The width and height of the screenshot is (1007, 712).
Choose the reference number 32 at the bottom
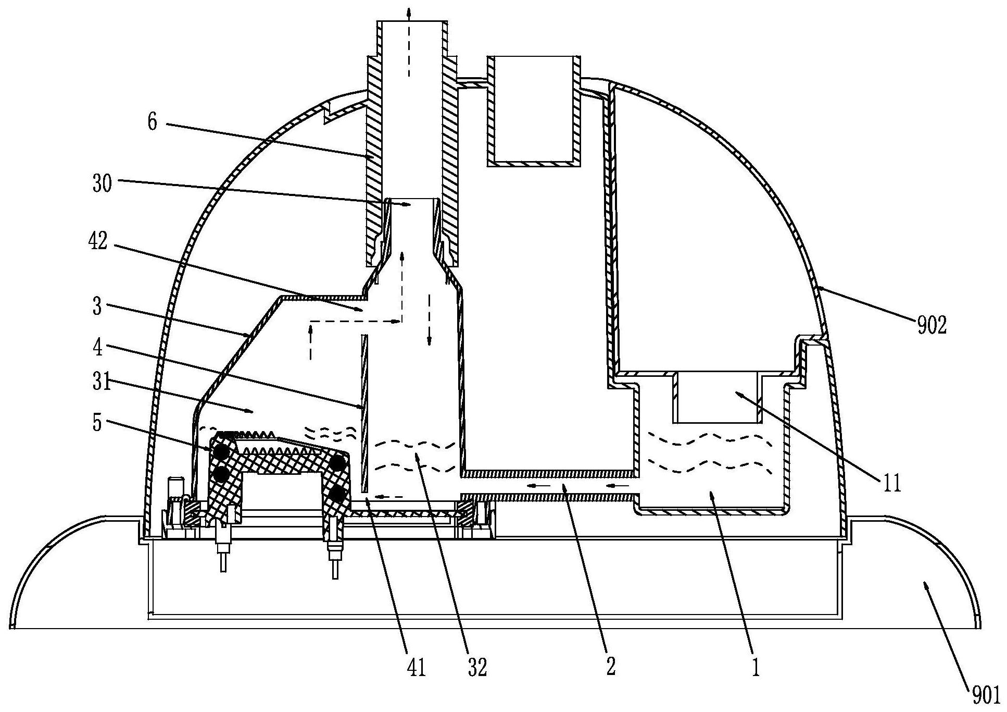(477, 667)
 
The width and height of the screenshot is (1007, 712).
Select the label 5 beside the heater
(97, 423)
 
